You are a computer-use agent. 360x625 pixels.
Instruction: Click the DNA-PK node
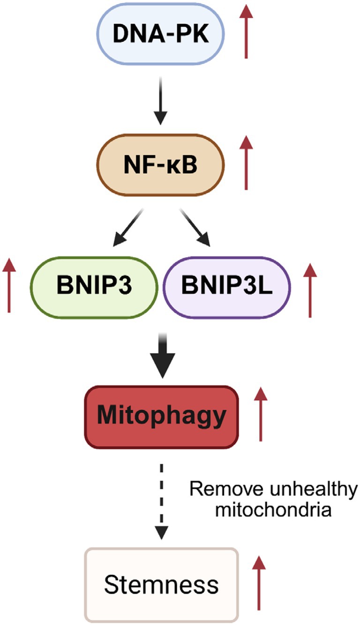pyautogui.click(x=160, y=33)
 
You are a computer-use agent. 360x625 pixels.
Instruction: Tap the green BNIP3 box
pyautogui.click(x=94, y=287)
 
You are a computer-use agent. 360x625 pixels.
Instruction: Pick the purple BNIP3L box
pyautogui.click(x=227, y=287)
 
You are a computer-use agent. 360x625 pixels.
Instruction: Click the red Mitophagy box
pyautogui.click(x=162, y=417)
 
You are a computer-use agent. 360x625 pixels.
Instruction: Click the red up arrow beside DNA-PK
pyautogui.click(x=246, y=31)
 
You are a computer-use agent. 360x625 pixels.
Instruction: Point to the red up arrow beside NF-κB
pyautogui.click(x=246, y=163)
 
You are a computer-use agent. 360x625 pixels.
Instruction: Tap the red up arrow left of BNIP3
pyautogui.click(x=9, y=285)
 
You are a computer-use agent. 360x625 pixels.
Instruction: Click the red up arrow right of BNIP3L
pyautogui.click(x=310, y=290)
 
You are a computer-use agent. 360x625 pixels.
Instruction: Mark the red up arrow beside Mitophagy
pyautogui.click(x=261, y=414)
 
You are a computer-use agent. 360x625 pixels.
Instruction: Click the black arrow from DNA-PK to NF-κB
pyautogui.click(x=161, y=101)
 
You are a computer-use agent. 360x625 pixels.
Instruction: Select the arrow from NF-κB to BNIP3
pyautogui.click(x=128, y=227)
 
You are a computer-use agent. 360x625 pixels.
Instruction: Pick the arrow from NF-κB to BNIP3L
pyautogui.click(x=195, y=227)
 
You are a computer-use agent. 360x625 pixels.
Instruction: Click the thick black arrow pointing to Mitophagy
pyautogui.click(x=163, y=356)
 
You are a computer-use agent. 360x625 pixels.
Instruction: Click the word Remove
pyautogui.click(x=225, y=489)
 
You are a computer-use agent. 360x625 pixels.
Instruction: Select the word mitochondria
pyautogui.click(x=273, y=510)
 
